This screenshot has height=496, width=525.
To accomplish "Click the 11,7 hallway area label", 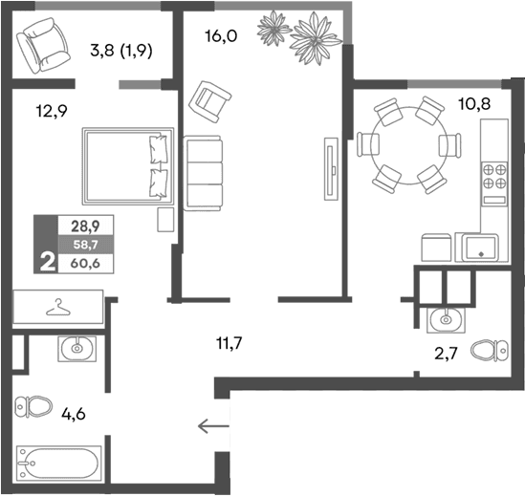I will tap(229, 340).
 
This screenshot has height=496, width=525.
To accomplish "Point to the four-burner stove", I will tap(494, 180).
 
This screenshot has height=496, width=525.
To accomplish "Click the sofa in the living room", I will tap(202, 171).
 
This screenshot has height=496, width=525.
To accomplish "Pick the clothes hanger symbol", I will tap(59, 308).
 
